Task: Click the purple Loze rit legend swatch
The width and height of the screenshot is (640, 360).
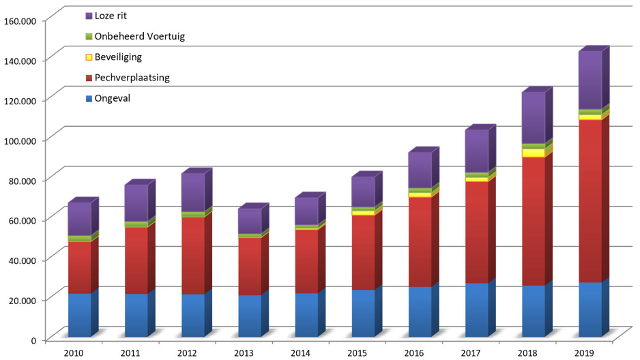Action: pyautogui.click(x=89, y=16)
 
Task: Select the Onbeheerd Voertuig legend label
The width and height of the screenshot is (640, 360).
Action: pyautogui.click(x=139, y=36)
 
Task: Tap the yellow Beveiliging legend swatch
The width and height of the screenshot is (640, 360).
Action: pyautogui.click(x=89, y=57)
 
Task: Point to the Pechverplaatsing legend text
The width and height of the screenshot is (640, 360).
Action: pyautogui.click(x=132, y=78)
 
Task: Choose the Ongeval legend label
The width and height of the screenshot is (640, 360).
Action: pyautogui.click(x=113, y=98)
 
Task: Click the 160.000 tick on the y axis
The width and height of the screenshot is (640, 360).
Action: pyautogui.click(x=20, y=20)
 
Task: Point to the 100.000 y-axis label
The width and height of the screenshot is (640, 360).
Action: pyautogui.click(x=20, y=140)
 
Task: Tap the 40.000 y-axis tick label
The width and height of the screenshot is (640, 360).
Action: pyautogui.click(x=23, y=260)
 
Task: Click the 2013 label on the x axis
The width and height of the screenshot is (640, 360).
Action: pyautogui.click(x=244, y=352)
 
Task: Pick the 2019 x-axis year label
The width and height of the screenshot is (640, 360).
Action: pyautogui.click(x=585, y=352)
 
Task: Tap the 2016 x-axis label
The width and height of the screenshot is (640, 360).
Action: pyautogui.click(x=414, y=352)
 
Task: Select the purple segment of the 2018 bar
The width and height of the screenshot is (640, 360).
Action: pyautogui.click(x=533, y=118)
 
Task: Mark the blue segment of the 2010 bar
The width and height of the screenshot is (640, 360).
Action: pyautogui.click(x=78, y=315)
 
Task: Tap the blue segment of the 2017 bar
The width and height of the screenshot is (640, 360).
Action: pyautogui.click(x=476, y=310)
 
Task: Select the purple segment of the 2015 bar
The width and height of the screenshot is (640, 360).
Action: pyautogui.click(x=363, y=192)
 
